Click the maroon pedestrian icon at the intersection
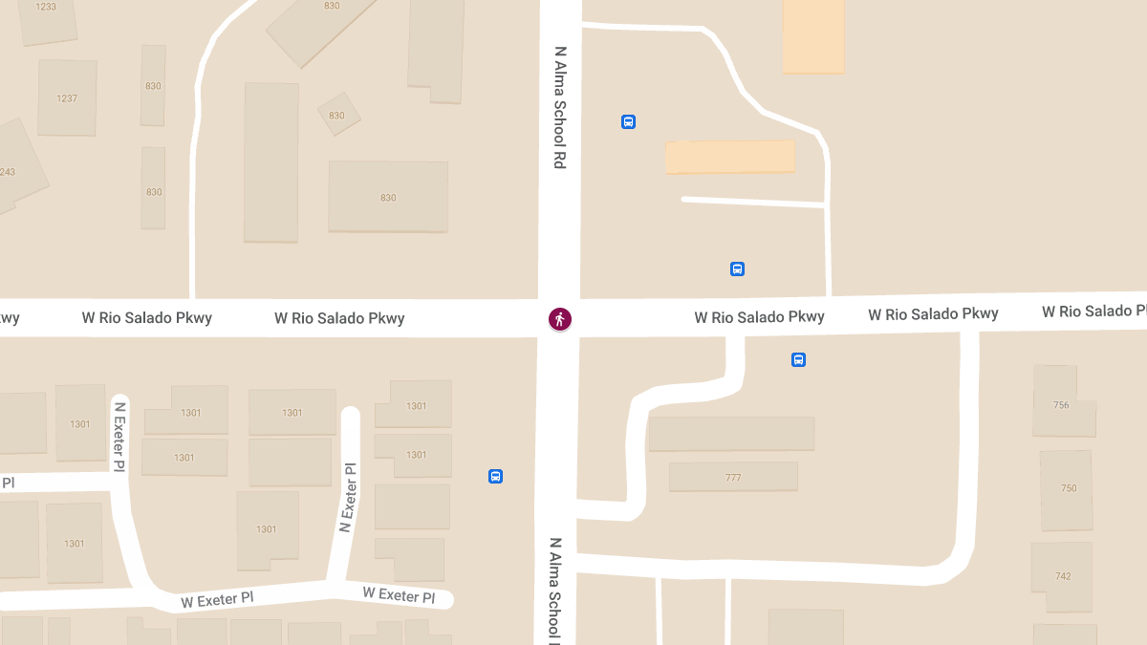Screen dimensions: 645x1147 560,319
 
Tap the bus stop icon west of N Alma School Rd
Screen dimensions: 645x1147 495,476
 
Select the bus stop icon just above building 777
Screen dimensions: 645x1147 798,360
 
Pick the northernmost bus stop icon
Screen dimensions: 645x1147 628,121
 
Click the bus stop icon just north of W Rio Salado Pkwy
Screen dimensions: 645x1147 737,269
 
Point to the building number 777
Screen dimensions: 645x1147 733,478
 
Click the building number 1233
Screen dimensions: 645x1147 46,7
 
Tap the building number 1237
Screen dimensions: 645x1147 67,98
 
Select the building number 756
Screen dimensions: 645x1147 1061,405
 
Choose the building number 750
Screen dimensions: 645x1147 1069,488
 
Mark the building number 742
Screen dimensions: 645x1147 1063,576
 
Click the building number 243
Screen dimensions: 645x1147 8,173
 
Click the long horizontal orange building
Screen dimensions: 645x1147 730,157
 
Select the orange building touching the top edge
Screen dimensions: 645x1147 813,35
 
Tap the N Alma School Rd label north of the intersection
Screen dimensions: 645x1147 560,107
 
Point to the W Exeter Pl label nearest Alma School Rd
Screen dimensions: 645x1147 399,595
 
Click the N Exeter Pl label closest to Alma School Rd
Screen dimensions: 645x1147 349,498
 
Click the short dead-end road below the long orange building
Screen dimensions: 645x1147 753,202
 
